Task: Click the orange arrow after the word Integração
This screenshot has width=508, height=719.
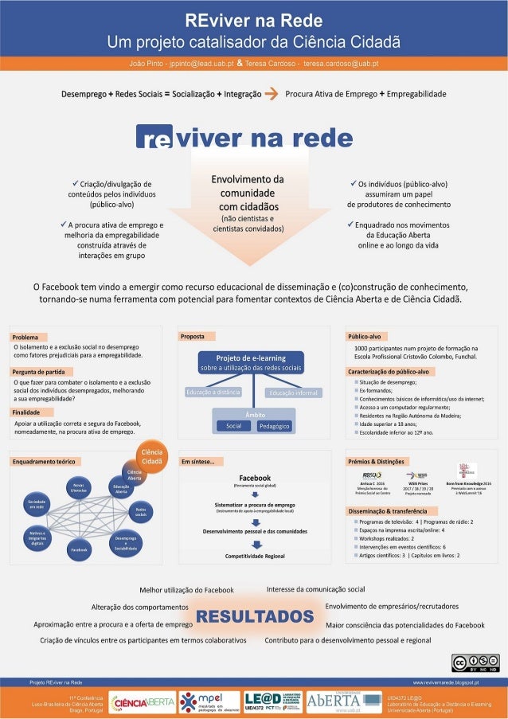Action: (271, 94)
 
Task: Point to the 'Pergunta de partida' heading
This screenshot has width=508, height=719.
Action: (38, 372)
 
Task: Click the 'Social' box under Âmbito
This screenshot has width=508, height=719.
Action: (233, 426)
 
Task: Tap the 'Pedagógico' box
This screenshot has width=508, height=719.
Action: (274, 427)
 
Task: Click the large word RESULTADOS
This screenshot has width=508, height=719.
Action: (254, 617)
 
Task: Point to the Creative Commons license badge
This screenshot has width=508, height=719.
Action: (475, 663)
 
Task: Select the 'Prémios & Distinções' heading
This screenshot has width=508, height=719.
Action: (377, 461)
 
